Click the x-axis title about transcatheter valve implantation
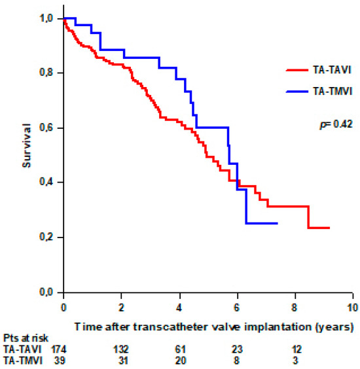point(214,325)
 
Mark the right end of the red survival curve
point(329,228)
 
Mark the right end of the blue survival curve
point(277,223)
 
